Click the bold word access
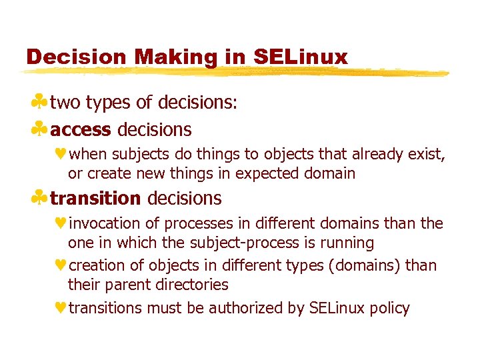tap(81, 129)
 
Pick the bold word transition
tap(95, 198)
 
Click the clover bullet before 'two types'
tap(40, 103)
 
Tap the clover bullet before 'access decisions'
tap(40, 128)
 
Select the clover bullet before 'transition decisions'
tap(40, 197)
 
